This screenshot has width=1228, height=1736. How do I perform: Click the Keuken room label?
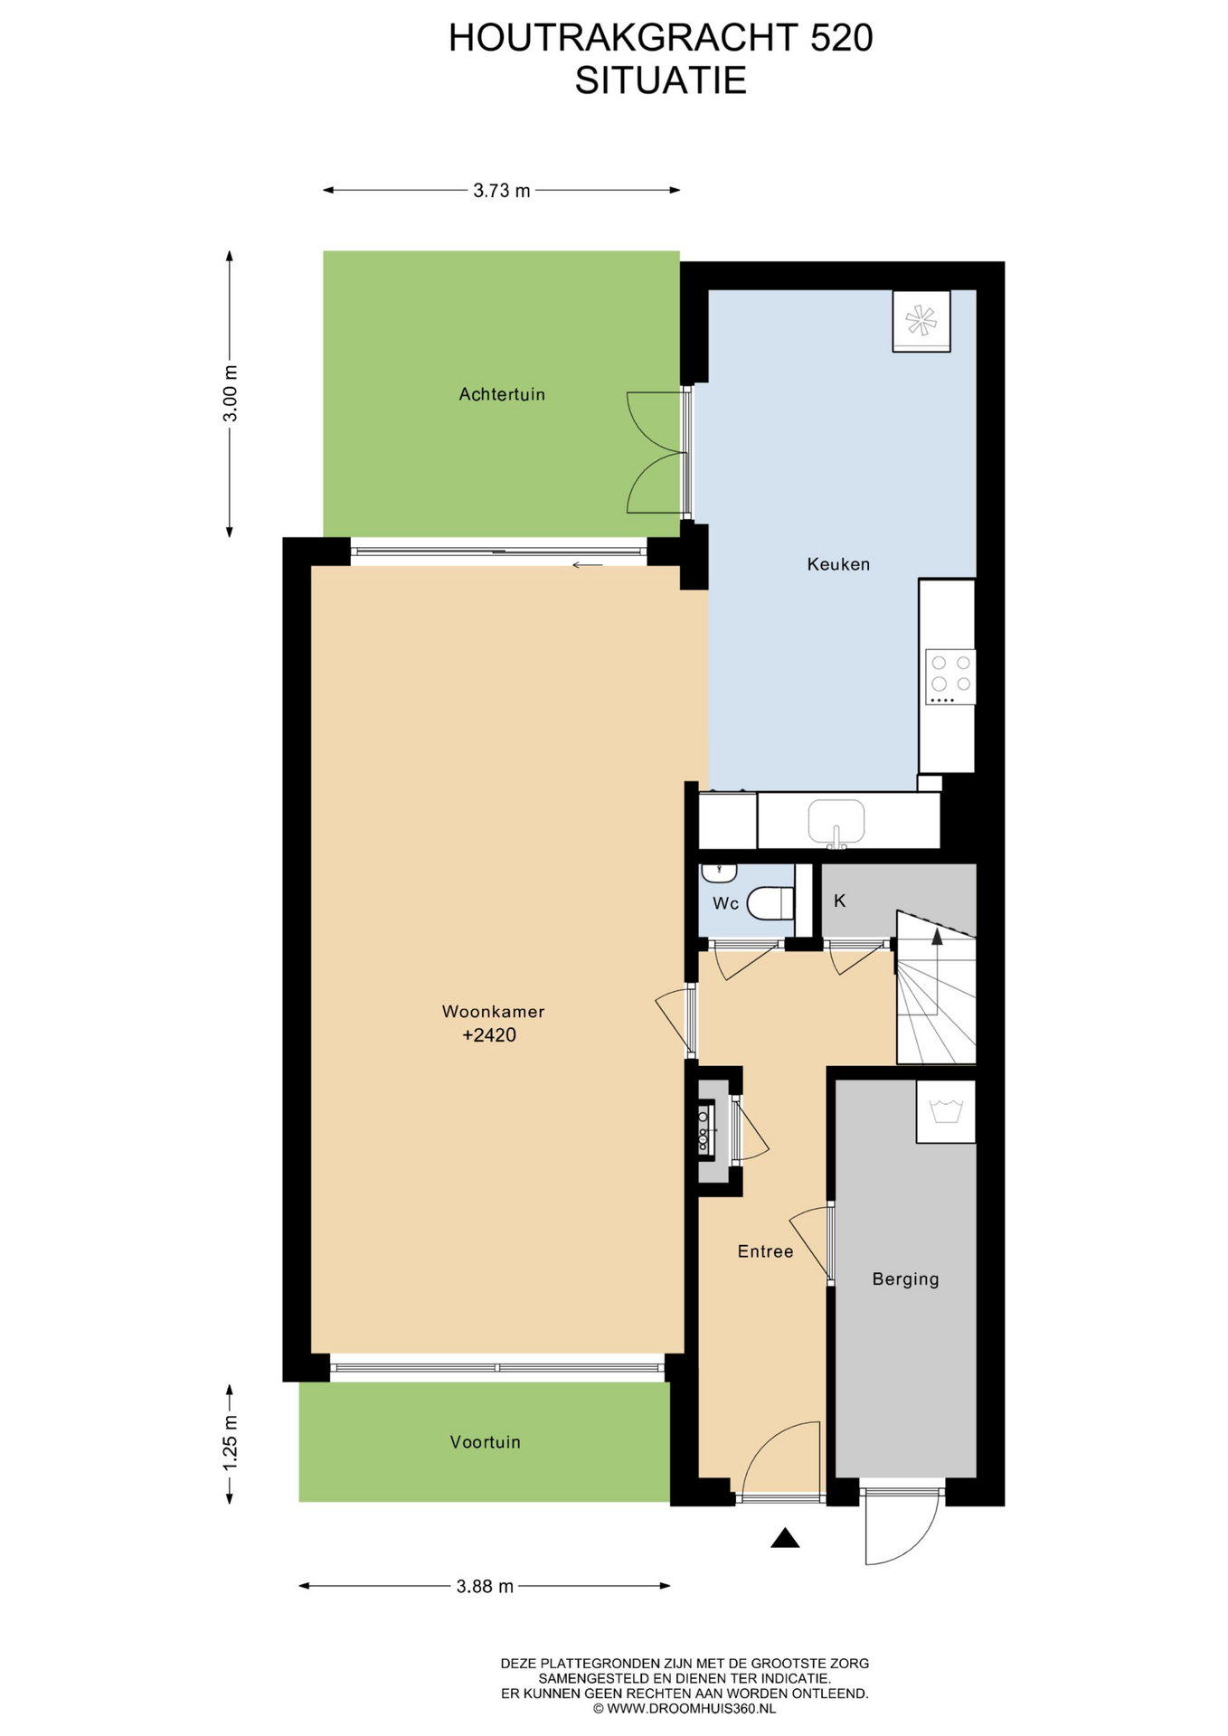(838, 564)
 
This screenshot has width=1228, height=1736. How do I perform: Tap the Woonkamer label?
(493, 1011)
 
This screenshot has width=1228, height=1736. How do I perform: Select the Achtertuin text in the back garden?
(502, 394)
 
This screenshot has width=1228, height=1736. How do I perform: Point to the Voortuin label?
(486, 1442)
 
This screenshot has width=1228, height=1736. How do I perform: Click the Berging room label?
(905, 1279)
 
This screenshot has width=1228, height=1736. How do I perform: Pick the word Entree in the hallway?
(765, 1251)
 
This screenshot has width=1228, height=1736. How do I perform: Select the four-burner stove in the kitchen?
(950, 676)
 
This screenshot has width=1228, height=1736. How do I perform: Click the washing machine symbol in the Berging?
(946, 1111)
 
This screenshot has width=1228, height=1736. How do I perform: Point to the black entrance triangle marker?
(785, 1538)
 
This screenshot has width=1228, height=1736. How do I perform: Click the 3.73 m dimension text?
(502, 191)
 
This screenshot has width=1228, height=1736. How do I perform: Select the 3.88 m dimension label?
(485, 1586)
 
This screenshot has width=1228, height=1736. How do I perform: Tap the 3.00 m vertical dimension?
(231, 393)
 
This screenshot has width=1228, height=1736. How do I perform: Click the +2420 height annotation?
(489, 1035)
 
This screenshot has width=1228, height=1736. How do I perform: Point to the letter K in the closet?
(839, 901)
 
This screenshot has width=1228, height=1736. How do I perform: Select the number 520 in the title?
(841, 38)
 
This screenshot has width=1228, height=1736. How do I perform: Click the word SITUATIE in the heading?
(661, 80)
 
